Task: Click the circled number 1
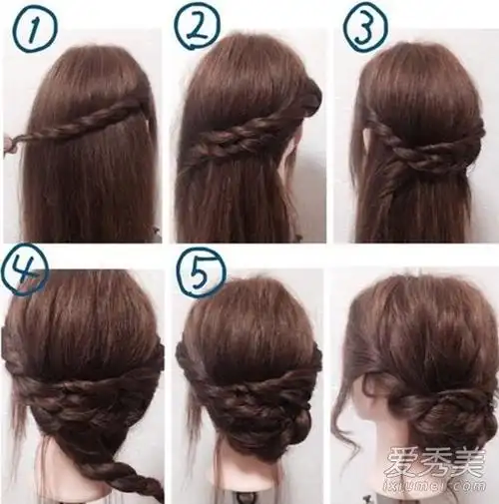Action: point(34,28)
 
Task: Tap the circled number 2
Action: point(199,28)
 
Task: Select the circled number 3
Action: point(365,28)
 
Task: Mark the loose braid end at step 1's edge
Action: point(13,142)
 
